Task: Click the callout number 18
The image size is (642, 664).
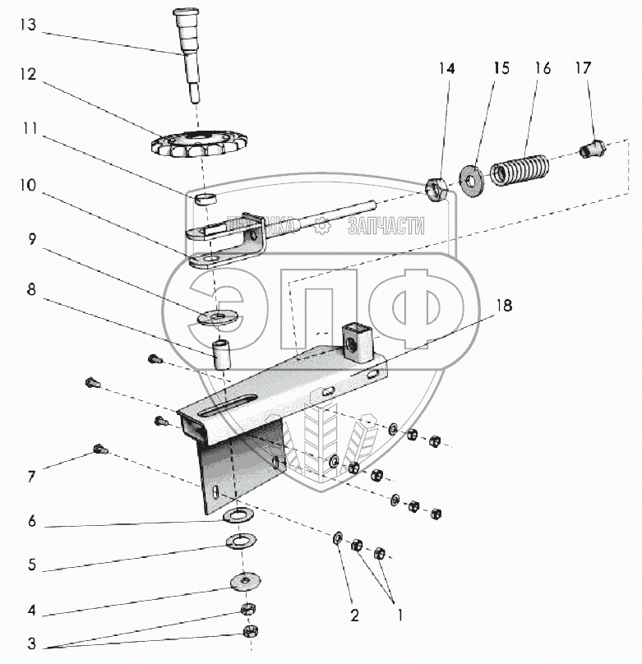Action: pos(503,306)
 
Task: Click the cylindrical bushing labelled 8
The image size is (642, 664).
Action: pos(221,353)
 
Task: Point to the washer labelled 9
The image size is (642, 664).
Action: pos(218,316)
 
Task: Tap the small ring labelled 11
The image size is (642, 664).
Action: pos(208,198)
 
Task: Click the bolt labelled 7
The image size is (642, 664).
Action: pos(99,449)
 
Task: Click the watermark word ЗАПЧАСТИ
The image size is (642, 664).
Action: pos(386,226)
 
